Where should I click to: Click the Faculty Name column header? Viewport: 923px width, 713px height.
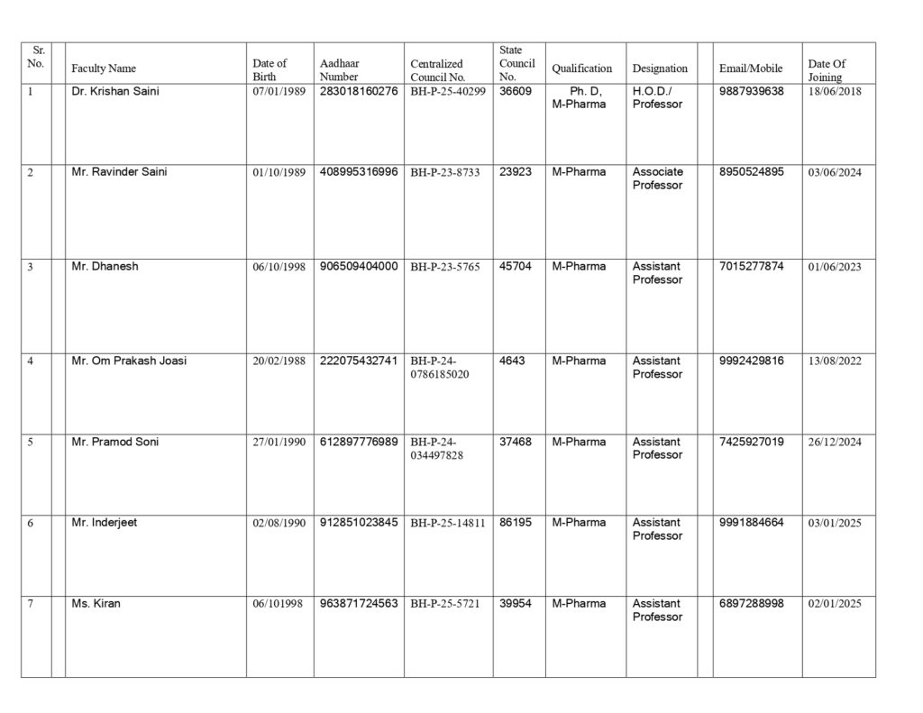click(x=104, y=69)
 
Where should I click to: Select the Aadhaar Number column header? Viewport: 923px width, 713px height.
click(x=339, y=69)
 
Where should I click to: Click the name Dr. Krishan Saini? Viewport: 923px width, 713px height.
click(x=114, y=91)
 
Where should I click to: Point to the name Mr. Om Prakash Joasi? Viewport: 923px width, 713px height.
click(x=129, y=361)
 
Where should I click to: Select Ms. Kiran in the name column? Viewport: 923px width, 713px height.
click(x=96, y=603)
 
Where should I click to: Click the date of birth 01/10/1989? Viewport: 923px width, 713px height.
click(x=279, y=172)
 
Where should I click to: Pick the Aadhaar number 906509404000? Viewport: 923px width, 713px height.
click(x=359, y=266)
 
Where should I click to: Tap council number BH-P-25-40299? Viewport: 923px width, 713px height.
click(x=448, y=92)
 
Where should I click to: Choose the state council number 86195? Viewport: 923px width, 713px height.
click(x=516, y=522)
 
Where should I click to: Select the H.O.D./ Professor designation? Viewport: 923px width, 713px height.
click(x=658, y=97)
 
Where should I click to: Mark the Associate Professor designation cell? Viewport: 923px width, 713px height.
click(x=658, y=178)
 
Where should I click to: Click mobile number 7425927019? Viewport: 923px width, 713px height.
click(x=752, y=442)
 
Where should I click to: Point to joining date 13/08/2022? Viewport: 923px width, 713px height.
click(x=835, y=361)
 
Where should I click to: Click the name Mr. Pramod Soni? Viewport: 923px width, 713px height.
click(x=114, y=442)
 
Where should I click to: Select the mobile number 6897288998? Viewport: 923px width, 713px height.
click(x=752, y=603)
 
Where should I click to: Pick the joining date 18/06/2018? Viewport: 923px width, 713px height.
click(x=835, y=92)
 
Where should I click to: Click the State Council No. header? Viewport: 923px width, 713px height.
click(x=516, y=63)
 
